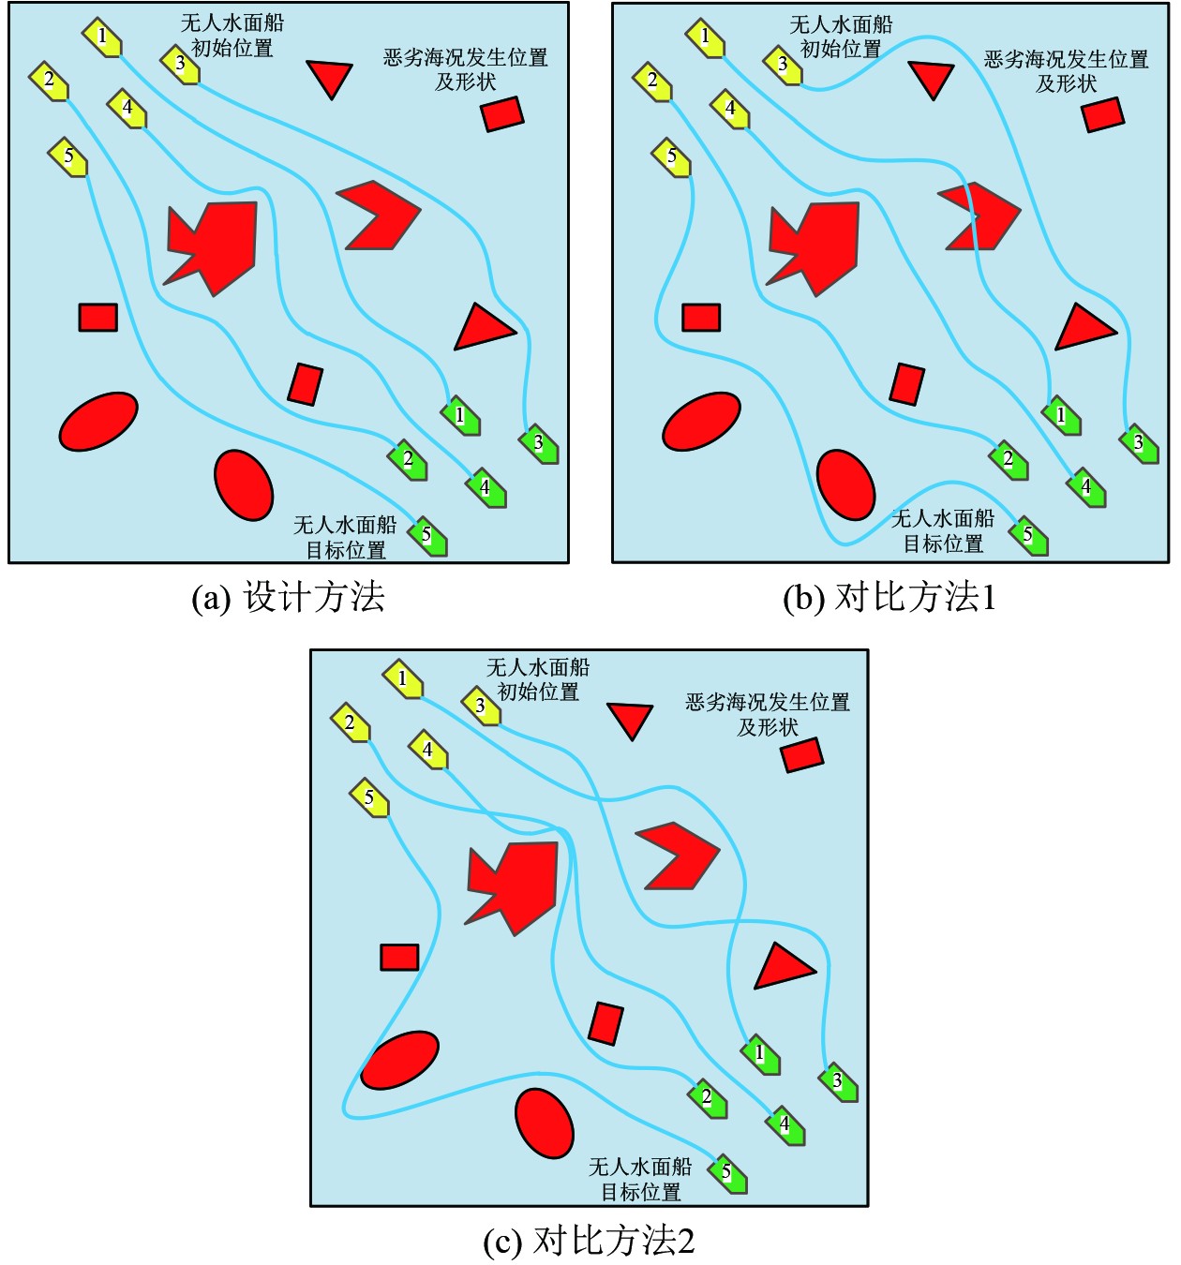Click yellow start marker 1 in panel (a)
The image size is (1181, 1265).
(102, 37)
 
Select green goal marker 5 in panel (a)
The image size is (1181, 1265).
(427, 536)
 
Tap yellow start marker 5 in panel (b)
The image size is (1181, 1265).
(671, 156)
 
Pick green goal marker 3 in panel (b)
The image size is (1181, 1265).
(1139, 442)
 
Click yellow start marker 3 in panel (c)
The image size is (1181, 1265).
(481, 706)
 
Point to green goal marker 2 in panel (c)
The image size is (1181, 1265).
(708, 1097)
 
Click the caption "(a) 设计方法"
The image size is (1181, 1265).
(288, 597)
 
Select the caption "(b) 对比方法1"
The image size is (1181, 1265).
(889, 597)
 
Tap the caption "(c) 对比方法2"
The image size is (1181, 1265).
(589, 1241)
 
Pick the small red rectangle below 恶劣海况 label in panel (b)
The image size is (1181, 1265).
(1102, 113)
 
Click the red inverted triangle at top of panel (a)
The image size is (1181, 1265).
(329, 78)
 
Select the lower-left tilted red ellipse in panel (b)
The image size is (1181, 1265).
(701, 422)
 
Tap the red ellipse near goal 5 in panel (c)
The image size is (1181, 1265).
(544, 1123)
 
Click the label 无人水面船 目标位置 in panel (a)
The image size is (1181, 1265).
(345, 537)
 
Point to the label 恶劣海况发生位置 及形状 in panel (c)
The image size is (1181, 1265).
(768, 714)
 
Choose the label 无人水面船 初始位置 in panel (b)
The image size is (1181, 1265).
(841, 37)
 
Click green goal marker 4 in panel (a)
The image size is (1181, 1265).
(486, 487)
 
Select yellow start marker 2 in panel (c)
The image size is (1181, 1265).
(351, 722)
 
